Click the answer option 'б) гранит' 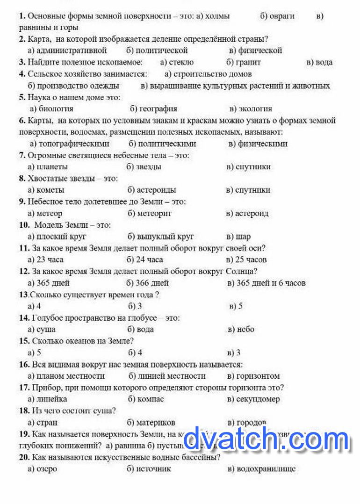pos(243,62)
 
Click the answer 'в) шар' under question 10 pos(238,237)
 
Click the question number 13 pos(24,295)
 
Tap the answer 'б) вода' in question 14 pos(141,329)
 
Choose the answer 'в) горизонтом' pos(253,376)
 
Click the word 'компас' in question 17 pos(151,399)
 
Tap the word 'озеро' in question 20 pos(47,469)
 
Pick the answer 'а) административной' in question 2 pos(67,50)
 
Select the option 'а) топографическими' pos(70,144)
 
